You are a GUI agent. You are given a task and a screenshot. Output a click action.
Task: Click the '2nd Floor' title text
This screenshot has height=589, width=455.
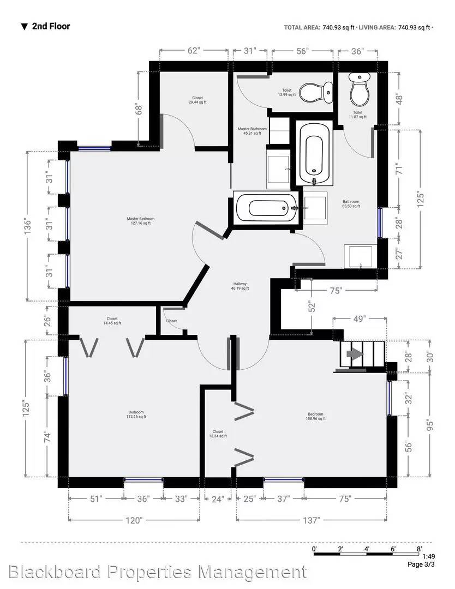tap(50, 26)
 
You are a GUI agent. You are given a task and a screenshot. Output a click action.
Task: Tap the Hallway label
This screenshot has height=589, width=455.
tap(240, 286)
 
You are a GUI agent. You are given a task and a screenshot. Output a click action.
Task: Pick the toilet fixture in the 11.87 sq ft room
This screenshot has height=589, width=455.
tap(359, 91)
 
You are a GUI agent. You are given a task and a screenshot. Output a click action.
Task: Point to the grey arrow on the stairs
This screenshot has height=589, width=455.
tap(355, 354)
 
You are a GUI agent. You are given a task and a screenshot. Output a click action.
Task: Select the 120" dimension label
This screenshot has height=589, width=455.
tap(134, 520)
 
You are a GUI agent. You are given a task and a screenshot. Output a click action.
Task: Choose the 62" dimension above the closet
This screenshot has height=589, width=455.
tap(194, 51)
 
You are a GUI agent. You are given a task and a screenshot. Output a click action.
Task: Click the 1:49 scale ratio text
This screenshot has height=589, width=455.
tap(428, 556)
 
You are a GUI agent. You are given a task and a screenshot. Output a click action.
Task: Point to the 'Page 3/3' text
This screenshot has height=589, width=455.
tap(422, 564)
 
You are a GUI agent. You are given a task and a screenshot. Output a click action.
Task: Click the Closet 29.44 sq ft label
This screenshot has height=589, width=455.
tap(197, 100)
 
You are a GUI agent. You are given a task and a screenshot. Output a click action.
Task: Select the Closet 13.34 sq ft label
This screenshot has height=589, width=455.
tap(217, 434)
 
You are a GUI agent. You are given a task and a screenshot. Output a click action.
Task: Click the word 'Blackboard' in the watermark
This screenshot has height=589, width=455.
tap(55, 572)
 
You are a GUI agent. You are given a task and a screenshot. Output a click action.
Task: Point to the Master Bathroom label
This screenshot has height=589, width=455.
tap(252, 131)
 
